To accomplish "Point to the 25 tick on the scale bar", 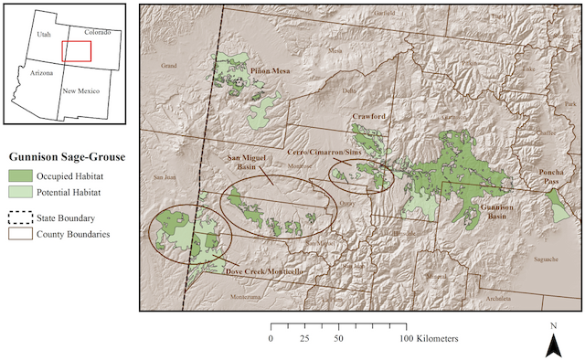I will tap(304, 338).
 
